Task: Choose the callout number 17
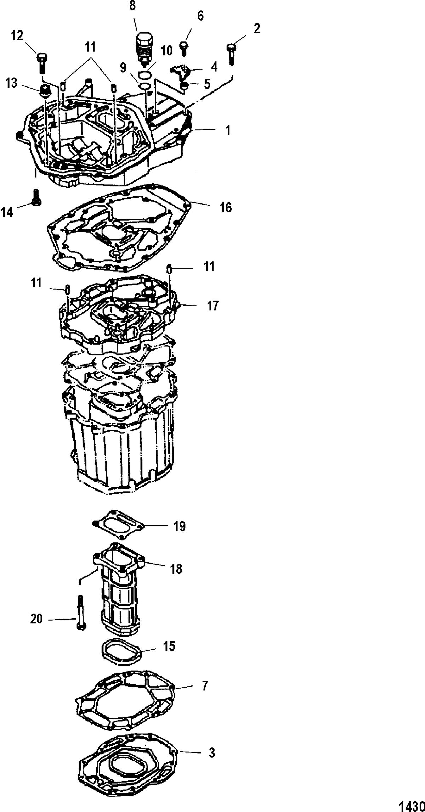click(x=212, y=306)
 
